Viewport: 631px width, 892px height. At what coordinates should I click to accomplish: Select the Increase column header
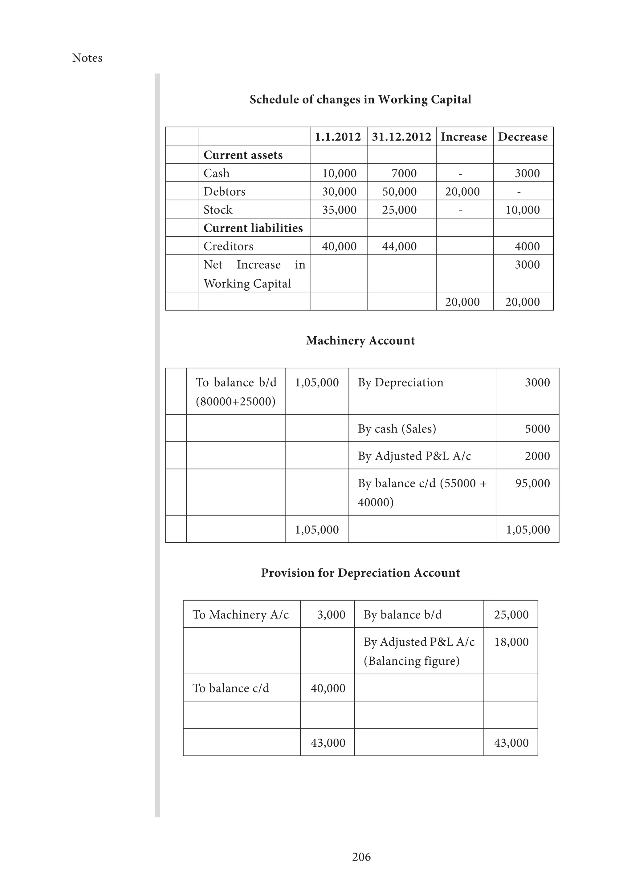tap(463, 137)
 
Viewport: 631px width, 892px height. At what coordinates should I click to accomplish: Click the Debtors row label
tap(224, 192)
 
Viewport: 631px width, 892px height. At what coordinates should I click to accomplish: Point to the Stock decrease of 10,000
tap(522, 210)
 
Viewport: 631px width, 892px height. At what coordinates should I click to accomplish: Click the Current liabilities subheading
tap(253, 228)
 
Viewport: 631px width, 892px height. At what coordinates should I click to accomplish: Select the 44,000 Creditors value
tap(399, 246)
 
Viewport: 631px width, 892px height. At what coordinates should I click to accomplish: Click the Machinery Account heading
tap(360, 341)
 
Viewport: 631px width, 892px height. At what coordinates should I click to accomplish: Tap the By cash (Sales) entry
tap(397, 428)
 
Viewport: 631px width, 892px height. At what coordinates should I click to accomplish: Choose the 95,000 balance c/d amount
tap(532, 483)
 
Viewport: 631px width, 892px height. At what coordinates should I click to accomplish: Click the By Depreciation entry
tap(400, 382)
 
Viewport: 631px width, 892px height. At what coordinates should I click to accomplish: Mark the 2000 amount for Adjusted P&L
tap(537, 456)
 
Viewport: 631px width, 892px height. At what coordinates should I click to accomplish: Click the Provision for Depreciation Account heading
tap(360, 573)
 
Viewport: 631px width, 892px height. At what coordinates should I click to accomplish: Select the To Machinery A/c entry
tap(241, 614)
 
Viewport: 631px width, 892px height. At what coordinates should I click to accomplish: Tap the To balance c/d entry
tap(231, 688)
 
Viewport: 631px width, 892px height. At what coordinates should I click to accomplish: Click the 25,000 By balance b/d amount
tap(511, 614)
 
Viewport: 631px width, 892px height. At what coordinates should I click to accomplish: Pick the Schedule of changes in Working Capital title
tap(360, 99)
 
